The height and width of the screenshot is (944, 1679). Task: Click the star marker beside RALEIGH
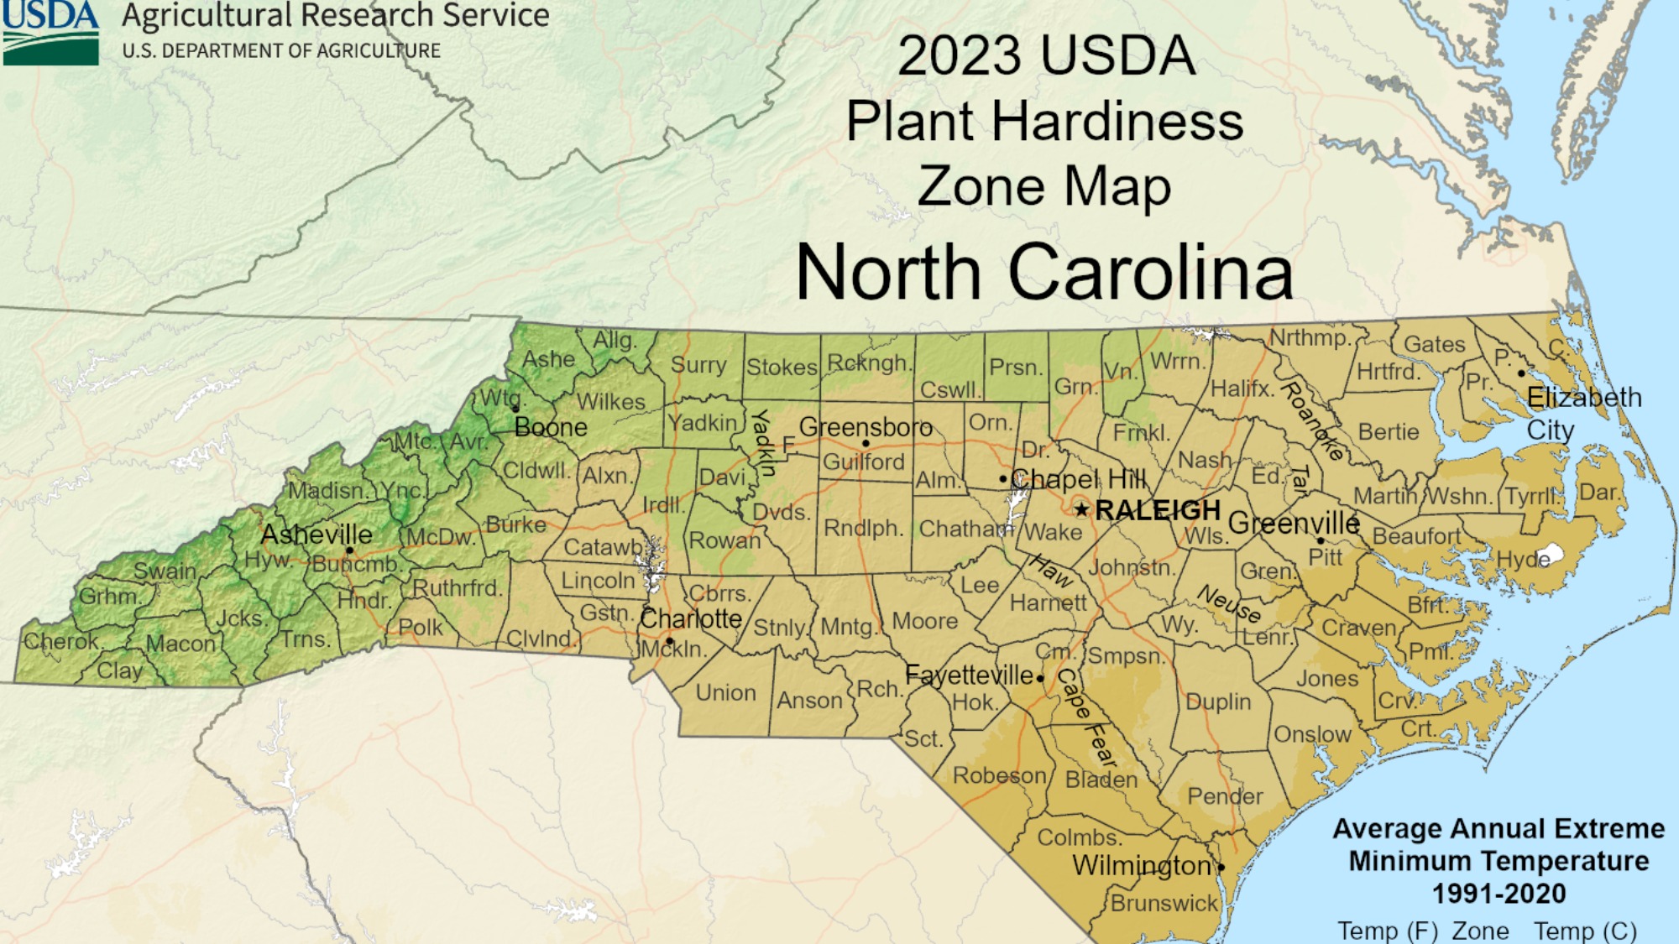click(x=1081, y=509)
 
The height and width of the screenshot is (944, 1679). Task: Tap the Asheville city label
click(x=316, y=535)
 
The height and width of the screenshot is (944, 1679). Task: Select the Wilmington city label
click(x=1142, y=865)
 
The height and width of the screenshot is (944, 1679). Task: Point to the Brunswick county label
click(x=1164, y=903)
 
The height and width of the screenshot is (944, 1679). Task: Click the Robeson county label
click(x=999, y=774)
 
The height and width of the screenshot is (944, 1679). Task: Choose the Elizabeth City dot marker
click(x=1521, y=373)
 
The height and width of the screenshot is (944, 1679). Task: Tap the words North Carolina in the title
click(x=1044, y=272)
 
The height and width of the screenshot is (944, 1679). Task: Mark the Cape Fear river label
click(x=1087, y=717)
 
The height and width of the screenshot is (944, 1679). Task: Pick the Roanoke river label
click(x=1313, y=420)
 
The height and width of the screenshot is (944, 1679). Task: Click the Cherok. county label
click(x=62, y=642)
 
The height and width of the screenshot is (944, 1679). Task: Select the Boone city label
click(x=551, y=427)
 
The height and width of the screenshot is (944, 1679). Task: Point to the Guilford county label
click(x=863, y=462)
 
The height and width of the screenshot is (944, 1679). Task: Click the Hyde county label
click(x=1523, y=559)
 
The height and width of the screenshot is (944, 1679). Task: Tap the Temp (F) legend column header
click(x=1387, y=930)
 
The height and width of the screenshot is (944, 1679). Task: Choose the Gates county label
click(x=1434, y=344)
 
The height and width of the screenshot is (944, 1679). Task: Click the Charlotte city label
click(x=691, y=619)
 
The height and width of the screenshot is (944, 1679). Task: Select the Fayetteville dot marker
click(x=1040, y=678)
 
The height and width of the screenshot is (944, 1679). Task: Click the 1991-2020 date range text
click(x=1499, y=894)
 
